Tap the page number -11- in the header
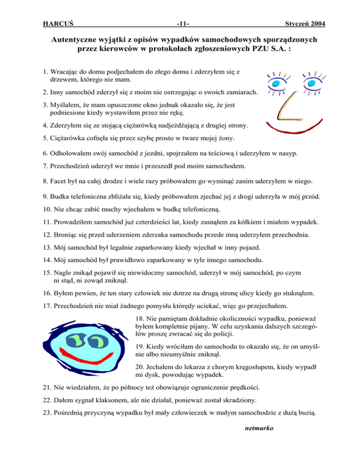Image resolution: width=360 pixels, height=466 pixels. (180, 23)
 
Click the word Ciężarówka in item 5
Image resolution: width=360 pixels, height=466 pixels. (68, 138)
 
